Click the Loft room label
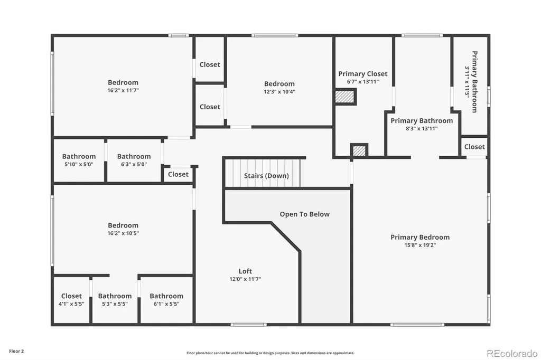pos(245,271)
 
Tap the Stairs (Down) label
pos(266,176)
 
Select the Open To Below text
pos(305,214)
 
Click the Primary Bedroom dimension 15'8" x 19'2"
pos(420,245)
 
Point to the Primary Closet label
pos(362,74)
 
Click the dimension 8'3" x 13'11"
pos(422,129)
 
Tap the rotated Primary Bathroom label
pos(475,82)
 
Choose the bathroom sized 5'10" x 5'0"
pos(79,160)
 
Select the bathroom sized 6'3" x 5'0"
pos(134,160)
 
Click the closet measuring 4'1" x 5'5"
pos(71,300)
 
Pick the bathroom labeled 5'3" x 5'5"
pos(115,300)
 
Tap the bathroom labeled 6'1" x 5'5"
pos(166,300)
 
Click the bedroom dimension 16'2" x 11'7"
pos(123,90)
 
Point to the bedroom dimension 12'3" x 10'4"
pos(279,92)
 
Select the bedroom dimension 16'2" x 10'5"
pos(123,233)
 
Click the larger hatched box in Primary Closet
pos(345,97)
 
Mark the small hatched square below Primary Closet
pos(359,150)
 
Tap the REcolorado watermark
pos(512,354)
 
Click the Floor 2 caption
pos(16,352)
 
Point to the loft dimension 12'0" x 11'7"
pos(245,279)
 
